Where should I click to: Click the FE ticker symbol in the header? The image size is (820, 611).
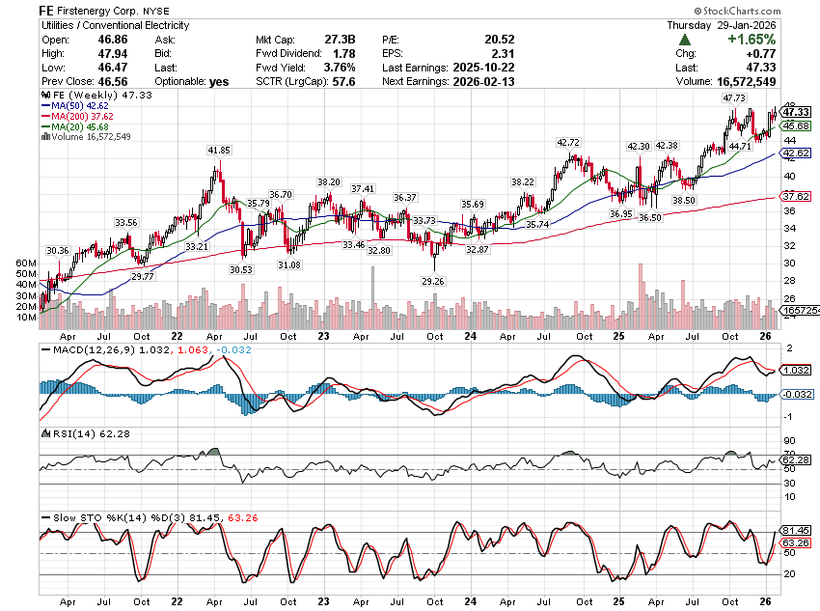point(48,9)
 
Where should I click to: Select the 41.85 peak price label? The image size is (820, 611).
point(218,151)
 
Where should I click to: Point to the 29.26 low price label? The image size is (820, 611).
point(433,281)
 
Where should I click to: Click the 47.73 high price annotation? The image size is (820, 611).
point(734,98)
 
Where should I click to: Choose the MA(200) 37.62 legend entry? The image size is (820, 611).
point(76,116)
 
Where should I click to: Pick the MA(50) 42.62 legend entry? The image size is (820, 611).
point(73,106)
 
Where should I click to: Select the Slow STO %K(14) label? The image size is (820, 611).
point(86,516)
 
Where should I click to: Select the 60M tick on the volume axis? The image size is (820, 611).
point(26,263)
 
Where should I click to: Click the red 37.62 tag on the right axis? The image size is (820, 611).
point(795,196)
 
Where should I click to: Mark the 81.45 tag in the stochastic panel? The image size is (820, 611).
point(795,531)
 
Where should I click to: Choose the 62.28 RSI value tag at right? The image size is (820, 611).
point(795,458)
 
